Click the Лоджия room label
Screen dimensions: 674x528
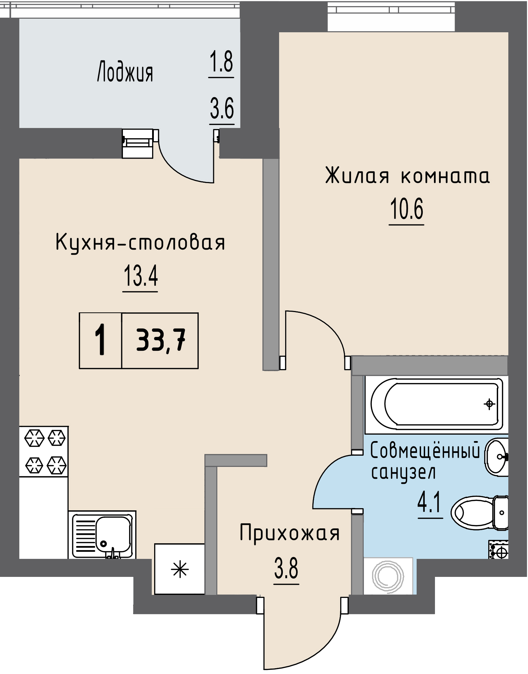pos(125,72)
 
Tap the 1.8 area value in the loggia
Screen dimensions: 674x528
pos(221,62)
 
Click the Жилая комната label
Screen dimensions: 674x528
pos(407,176)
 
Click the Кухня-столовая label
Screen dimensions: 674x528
pos(140,243)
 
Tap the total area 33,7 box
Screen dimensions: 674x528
pos(160,341)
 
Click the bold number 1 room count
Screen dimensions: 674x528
pos(100,340)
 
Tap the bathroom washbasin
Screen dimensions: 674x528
pos(497,457)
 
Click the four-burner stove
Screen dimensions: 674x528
pos(44,451)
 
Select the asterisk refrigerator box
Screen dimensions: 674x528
pos(180,569)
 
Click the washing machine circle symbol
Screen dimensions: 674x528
pos(388,576)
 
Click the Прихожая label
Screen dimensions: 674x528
pos(289,533)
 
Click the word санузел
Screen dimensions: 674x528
pos(403,473)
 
